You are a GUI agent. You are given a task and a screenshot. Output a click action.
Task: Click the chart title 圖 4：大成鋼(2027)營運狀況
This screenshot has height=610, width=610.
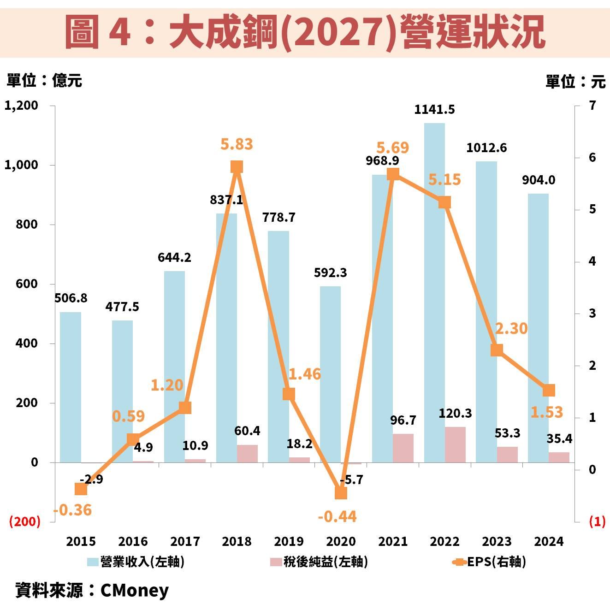click(305, 31)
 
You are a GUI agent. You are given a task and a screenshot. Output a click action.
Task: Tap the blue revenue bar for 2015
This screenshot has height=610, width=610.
click(71, 387)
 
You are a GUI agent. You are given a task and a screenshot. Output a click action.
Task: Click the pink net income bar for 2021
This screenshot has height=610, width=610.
click(403, 448)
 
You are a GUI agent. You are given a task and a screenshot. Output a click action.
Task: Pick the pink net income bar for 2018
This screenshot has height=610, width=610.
click(247, 453)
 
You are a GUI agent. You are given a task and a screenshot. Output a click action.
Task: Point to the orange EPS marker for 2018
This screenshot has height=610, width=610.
click(237, 167)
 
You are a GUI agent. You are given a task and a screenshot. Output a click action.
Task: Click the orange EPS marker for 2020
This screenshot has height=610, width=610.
click(341, 493)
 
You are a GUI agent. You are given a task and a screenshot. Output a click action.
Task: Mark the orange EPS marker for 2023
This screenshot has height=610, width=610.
click(497, 350)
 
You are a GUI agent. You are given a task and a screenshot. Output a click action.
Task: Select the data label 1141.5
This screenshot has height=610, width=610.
click(434, 110)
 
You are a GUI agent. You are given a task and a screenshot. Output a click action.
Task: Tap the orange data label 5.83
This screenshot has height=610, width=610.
click(237, 144)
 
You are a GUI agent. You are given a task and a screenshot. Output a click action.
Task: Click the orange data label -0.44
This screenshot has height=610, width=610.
click(337, 517)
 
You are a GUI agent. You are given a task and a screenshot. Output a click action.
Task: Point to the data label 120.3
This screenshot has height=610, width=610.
click(455, 414)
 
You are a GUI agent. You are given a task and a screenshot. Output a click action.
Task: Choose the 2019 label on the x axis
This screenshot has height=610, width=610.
click(289, 541)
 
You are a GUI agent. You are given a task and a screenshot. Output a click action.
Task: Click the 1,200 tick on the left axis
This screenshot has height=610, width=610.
click(21, 106)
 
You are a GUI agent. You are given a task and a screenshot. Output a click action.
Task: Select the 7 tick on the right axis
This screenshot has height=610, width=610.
click(592, 106)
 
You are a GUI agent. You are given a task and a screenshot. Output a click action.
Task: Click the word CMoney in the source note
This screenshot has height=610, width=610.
click(134, 590)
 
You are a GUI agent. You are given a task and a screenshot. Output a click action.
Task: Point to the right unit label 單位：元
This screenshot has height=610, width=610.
click(575, 82)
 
